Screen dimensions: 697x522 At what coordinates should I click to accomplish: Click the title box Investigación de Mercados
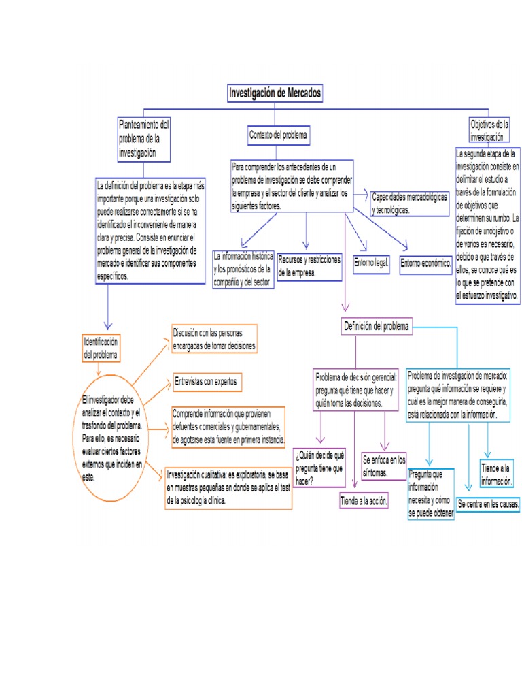pos(274,93)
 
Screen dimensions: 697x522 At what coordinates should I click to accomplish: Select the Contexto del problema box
pos(278,136)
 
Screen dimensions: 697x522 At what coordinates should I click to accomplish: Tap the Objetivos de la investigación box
pos(489,129)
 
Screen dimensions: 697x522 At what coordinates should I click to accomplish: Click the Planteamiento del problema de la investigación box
pos(143,139)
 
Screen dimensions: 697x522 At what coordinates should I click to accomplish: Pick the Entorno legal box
pos(371,263)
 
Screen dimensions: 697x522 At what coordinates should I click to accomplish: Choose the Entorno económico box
pos(425,263)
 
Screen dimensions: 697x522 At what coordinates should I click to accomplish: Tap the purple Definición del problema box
pos(376,327)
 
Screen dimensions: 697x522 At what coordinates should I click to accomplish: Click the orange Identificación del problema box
pos(101,348)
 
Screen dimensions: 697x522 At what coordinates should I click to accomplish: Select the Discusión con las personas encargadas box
pos(214,339)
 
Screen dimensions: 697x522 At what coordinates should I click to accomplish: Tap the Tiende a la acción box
pos(364,501)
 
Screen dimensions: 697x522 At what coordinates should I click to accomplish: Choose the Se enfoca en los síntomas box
pos(384,465)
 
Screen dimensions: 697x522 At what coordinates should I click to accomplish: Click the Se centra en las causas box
pos(488,504)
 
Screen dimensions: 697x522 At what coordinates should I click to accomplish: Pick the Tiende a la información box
pos(495,474)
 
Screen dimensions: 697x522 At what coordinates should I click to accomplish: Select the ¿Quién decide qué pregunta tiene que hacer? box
pos(319,467)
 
